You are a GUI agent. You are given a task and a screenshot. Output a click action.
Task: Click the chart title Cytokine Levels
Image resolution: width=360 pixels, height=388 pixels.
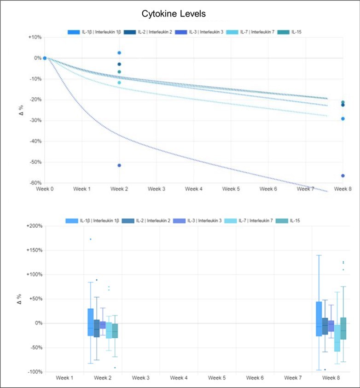click(180, 14)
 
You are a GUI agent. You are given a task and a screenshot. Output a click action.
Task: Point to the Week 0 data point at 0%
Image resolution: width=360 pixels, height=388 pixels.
click(45, 58)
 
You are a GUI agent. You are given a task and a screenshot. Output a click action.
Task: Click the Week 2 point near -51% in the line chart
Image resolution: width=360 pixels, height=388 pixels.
click(119, 165)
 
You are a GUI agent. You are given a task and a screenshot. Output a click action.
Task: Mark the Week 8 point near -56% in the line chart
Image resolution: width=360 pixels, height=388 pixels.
click(343, 176)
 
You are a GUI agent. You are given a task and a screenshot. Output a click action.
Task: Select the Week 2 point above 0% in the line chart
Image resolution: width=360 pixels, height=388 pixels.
click(119, 53)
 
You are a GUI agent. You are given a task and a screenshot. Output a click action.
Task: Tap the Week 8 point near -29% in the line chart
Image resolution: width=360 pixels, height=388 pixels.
click(343, 119)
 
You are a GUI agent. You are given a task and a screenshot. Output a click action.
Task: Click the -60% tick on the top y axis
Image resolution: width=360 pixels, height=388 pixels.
click(35, 183)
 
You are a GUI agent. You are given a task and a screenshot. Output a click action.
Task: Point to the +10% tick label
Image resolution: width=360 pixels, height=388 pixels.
click(35, 37)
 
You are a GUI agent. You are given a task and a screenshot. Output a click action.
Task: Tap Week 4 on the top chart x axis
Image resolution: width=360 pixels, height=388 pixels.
click(194, 189)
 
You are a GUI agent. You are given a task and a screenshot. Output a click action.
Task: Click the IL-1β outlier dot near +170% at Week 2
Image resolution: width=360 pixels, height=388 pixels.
click(91, 239)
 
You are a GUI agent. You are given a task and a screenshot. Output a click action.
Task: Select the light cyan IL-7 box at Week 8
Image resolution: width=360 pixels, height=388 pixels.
click(337, 338)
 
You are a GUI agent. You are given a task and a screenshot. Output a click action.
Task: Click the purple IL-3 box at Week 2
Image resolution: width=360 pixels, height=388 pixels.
click(103, 325)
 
